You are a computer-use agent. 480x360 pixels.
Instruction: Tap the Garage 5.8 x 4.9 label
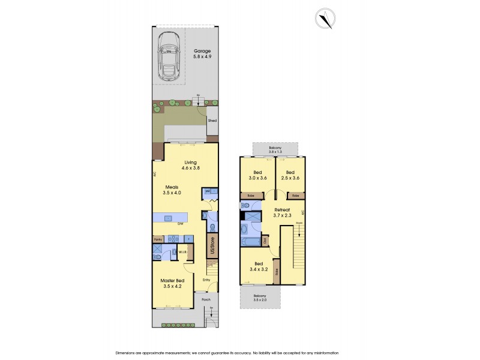pyautogui.click(x=202, y=53)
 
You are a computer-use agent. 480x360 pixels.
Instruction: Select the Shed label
pyautogui.click(x=212, y=121)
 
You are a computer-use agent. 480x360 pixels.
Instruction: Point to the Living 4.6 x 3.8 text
pyautogui.click(x=190, y=165)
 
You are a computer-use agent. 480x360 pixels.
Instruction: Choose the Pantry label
pyautogui.click(x=158, y=238)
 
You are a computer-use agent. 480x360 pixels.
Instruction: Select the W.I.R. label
pyautogui.click(x=184, y=252)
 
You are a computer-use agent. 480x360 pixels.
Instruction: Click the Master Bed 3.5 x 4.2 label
pyautogui.click(x=172, y=284)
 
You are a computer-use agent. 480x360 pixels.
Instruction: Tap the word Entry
pyautogui.click(x=206, y=280)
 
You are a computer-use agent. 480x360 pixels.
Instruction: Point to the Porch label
pyautogui.click(x=206, y=299)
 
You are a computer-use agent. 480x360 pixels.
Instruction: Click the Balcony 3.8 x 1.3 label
pyautogui.click(x=275, y=149)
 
